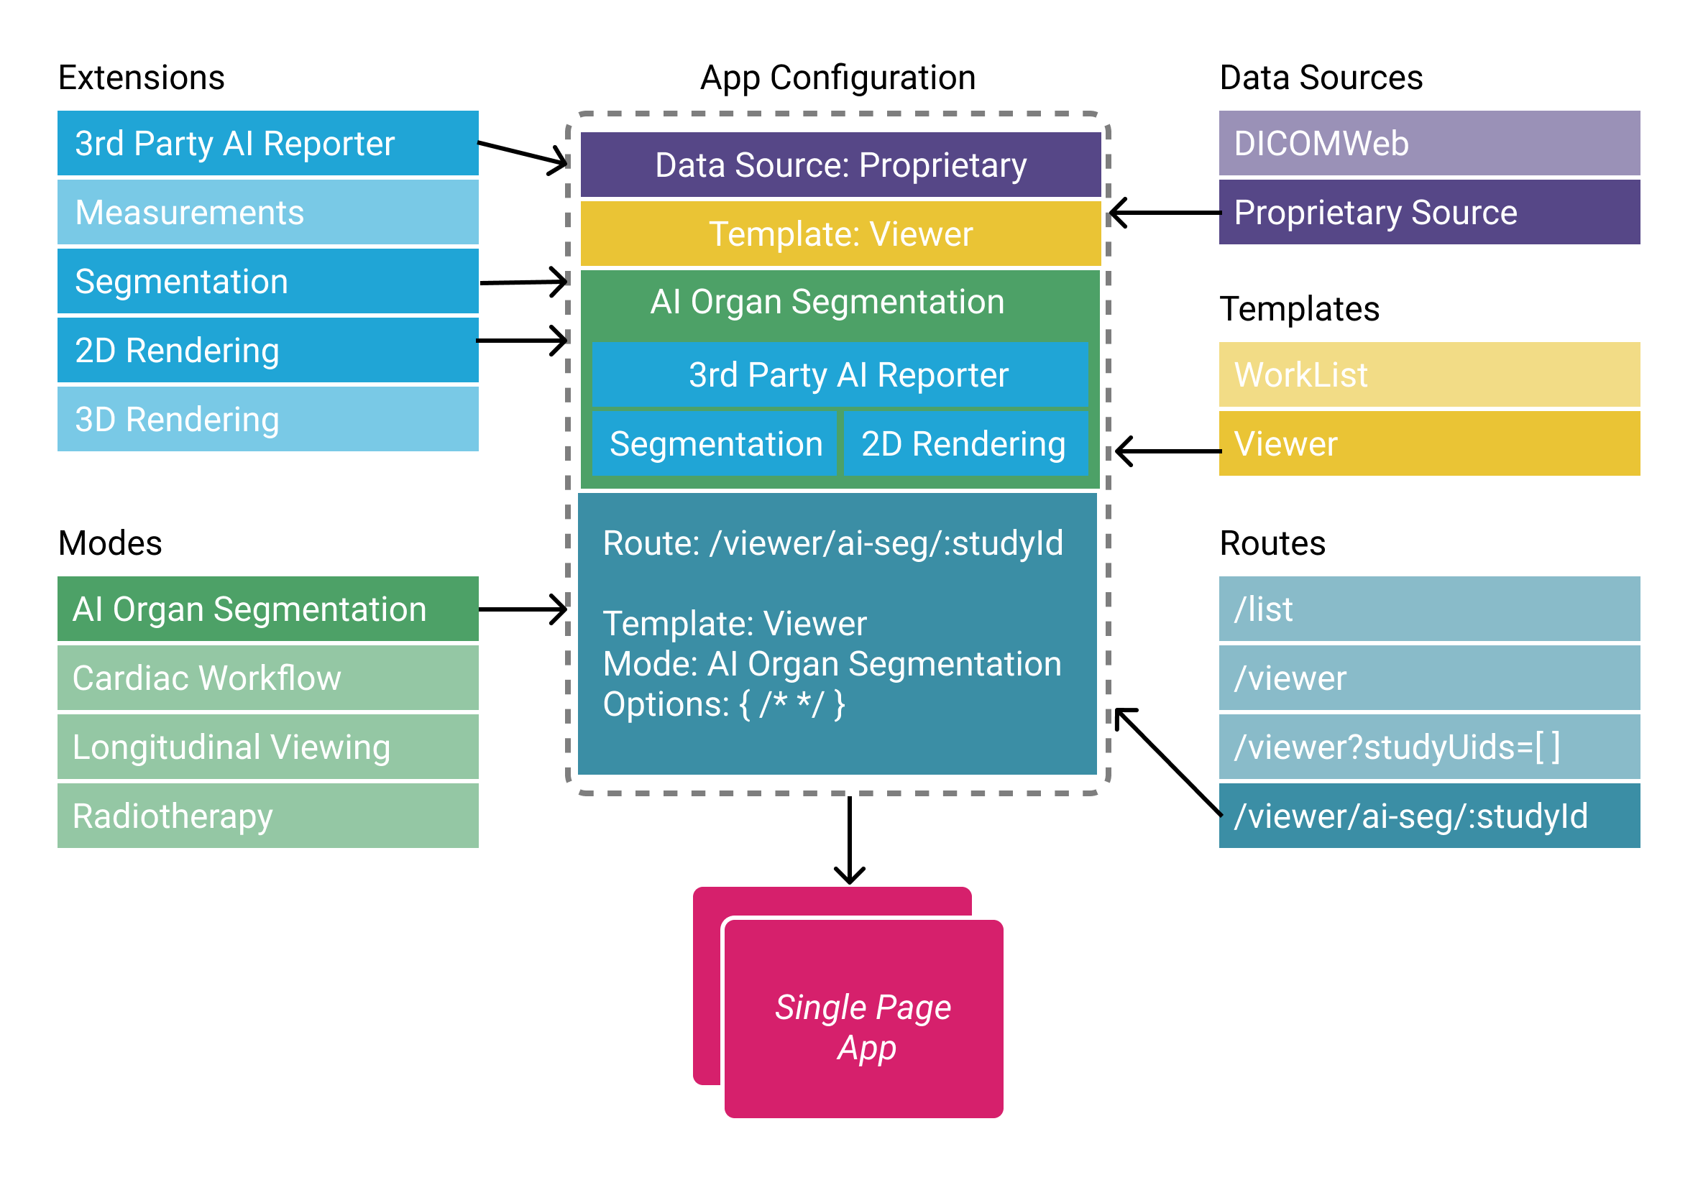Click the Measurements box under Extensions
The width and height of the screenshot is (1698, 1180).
point(267,212)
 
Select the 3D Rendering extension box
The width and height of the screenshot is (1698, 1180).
point(267,419)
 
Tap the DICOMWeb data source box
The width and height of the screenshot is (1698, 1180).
point(1429,143)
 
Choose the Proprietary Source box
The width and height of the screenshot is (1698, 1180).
point(1429,212)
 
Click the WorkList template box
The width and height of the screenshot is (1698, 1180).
point(1429,374)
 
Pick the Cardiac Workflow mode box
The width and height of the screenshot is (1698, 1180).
point(267,678)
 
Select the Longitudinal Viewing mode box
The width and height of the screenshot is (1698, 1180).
point(267,747)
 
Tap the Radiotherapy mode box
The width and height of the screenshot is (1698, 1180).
point(267,816)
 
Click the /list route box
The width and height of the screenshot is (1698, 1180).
point(1429,609)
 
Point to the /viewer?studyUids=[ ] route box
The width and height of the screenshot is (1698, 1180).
point(1429,747)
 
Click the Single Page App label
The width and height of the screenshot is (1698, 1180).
point(864,1028)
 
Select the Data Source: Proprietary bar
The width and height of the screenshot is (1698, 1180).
point(841,165)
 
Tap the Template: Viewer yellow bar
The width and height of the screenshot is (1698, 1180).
point(841,234)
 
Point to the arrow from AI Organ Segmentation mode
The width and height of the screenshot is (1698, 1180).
point(523,609)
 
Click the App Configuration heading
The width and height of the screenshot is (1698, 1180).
point(838,78)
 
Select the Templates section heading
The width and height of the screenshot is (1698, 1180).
point(1300,309)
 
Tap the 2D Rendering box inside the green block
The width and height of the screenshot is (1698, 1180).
point(964,443)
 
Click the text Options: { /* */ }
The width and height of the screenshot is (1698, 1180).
point(724,704)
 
